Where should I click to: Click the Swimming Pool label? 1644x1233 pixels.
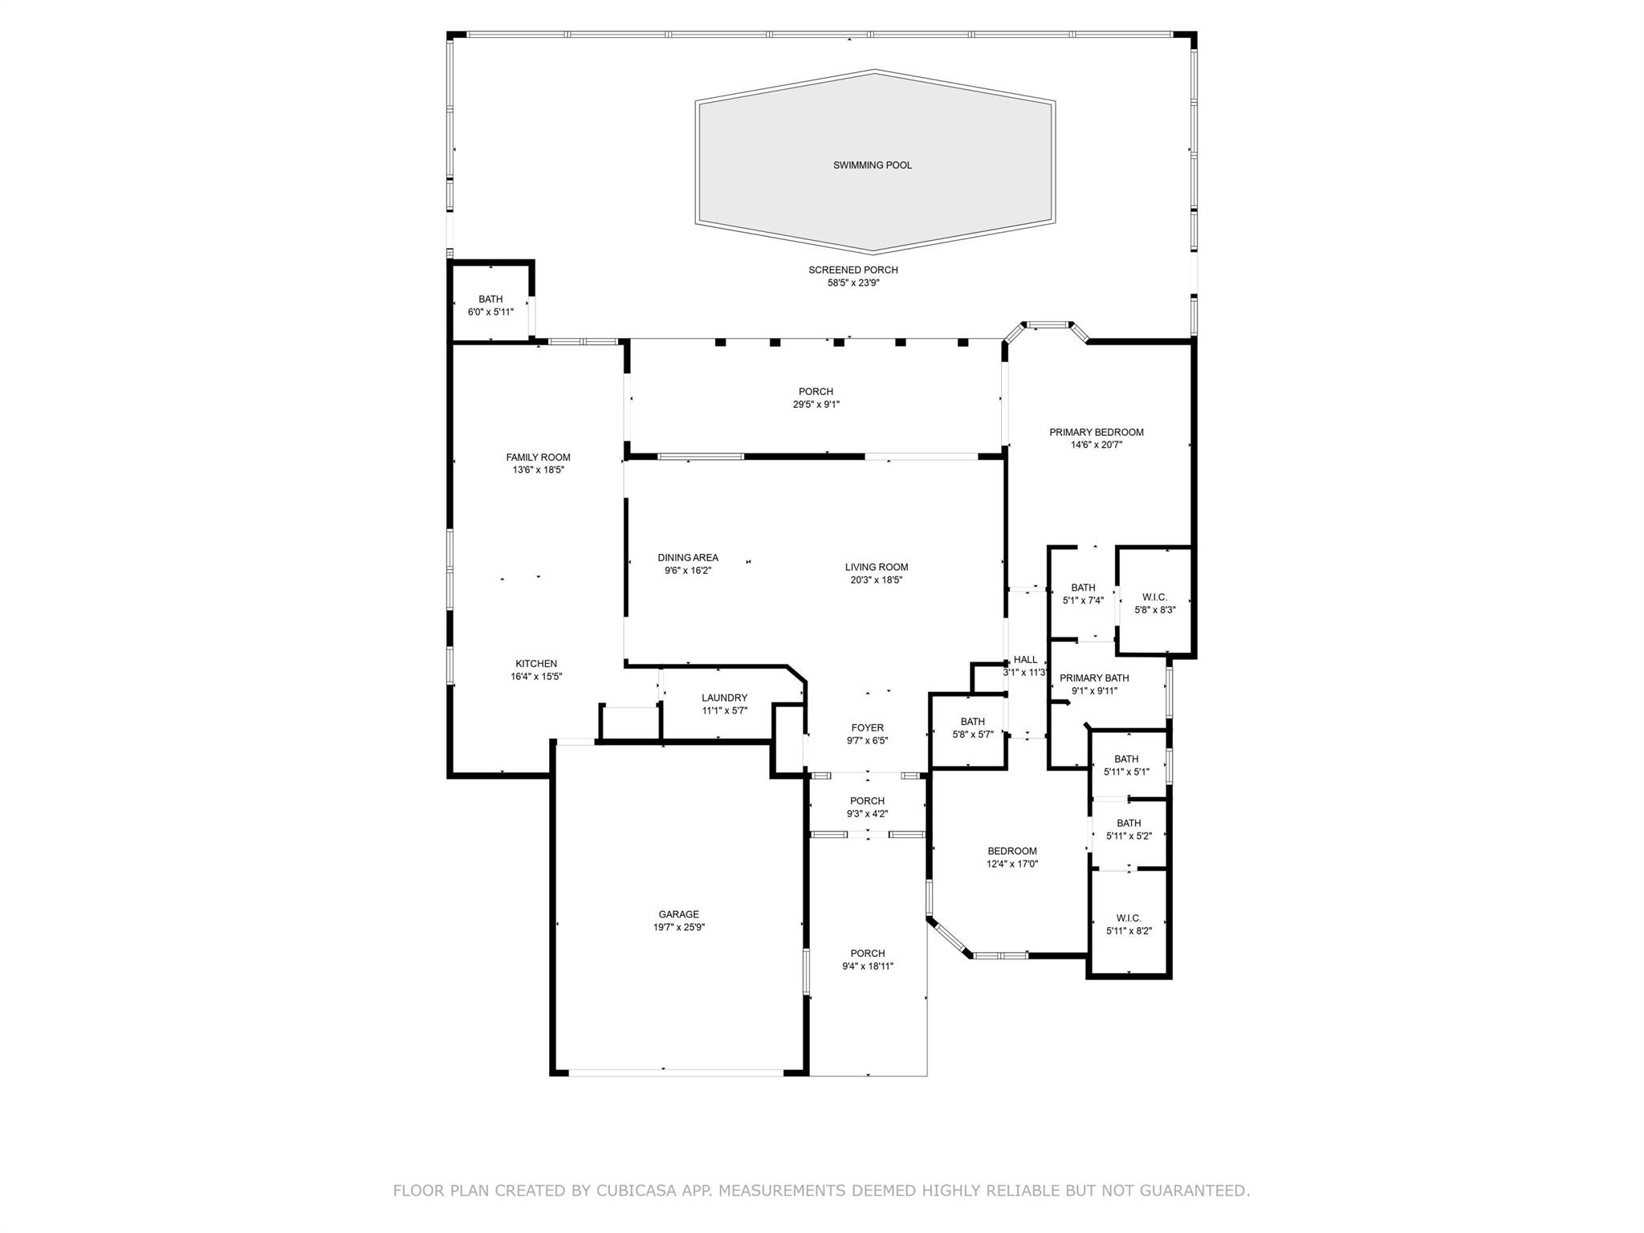point(873,165)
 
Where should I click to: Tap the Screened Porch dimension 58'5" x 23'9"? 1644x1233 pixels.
point(853,283)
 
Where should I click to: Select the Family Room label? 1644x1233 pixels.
point(538,458)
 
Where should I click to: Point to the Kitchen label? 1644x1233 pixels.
point(536,664)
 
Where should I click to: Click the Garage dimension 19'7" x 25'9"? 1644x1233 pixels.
point(679,927)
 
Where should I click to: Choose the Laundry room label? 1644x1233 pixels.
point(725,698)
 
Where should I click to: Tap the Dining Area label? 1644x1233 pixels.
point(688,558)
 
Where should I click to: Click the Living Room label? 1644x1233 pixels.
point(877,568)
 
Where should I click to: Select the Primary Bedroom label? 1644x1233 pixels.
point(1097,433)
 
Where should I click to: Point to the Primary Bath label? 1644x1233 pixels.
point(1094,678)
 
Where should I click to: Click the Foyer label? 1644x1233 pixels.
point(868,728)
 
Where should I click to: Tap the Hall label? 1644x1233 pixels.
point(1025,660)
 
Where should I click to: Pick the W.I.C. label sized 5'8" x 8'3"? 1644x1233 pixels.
point(1155,597)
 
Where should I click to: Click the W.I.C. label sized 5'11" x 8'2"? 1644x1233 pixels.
point(1129,918)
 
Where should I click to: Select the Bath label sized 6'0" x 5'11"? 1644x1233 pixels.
point(490,299)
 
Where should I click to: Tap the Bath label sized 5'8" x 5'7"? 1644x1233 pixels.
point(973,722)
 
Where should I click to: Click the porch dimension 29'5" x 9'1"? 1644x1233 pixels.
point(816,405)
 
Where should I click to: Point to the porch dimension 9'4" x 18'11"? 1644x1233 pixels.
point(868,966)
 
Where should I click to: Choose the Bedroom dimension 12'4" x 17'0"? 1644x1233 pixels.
point(1012,865)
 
